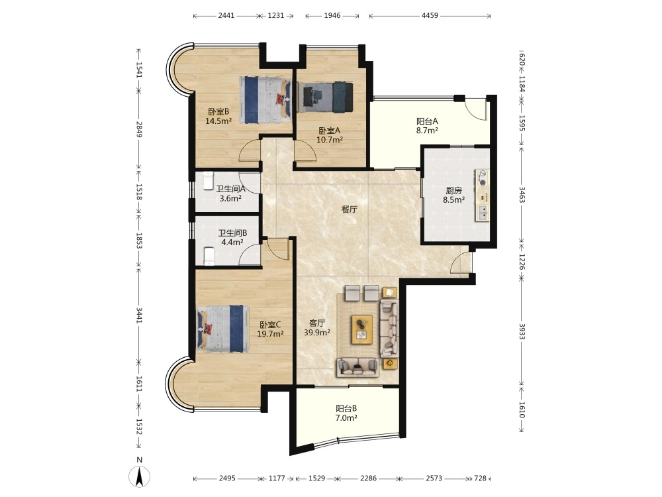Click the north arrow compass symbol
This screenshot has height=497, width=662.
coord(139,476)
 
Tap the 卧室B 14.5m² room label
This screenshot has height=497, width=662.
coord(218,116)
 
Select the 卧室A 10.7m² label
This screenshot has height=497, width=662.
coord(329,135)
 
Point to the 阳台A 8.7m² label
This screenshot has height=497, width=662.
coord(427,126)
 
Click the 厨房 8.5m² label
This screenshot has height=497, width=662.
coord(453,195)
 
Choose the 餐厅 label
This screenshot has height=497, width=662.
coord(349,209)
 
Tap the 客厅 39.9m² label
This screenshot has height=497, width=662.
coord(316,328)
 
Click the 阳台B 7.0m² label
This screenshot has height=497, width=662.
coord(346,414)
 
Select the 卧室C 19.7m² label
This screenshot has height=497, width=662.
coord(270,329)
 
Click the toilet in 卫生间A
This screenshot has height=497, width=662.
coord(208,181)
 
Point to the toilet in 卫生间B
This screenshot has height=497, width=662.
coord(209,256)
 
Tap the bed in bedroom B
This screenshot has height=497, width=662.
coord(265,100)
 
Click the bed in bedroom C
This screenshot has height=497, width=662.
coord(223,329)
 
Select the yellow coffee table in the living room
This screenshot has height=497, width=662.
coord(362,329)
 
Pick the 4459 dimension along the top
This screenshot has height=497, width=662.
coord(430,16)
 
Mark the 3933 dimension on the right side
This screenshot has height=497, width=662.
coord(522,331)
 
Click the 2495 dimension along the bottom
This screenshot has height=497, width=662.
coord(227,478)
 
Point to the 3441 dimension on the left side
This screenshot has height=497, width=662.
coord(139,315)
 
